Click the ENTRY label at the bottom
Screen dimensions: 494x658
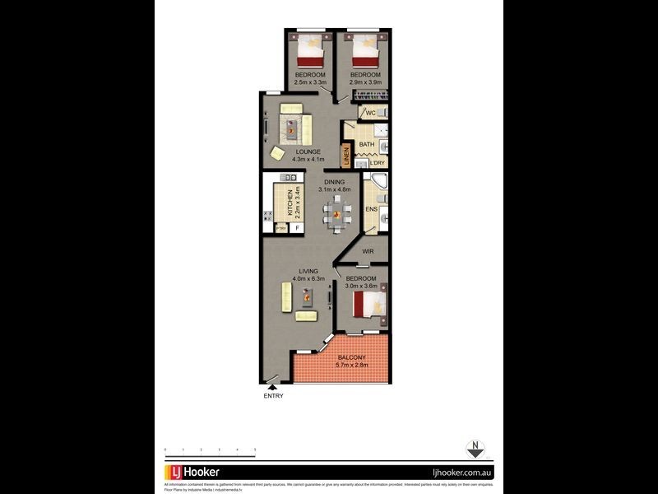click(x=273, y=396)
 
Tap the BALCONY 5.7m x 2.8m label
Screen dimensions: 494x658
click(x=356, y=361)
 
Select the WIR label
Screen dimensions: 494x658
click(x=368, y=250)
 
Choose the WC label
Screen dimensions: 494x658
click(x=370, y=112)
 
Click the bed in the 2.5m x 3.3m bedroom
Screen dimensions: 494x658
click(x=311, y=52)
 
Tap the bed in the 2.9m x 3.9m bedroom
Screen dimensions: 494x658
click(x=364, y=52)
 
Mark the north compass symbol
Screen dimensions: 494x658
click(x=474, y=450)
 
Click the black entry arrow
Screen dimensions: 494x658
click(x=273, y=386)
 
